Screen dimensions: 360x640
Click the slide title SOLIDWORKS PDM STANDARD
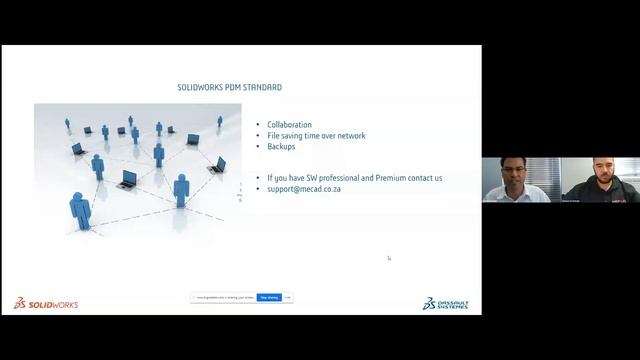229,88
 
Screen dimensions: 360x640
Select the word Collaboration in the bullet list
289,125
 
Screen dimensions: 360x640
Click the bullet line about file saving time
316,136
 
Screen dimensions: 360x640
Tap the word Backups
281,146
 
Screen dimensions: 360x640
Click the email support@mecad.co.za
304,188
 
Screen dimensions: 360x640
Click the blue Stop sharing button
269,297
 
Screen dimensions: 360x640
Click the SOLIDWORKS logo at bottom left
46,303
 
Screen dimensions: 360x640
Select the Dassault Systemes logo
445,303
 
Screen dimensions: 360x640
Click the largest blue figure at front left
80,210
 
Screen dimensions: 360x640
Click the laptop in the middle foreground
127,180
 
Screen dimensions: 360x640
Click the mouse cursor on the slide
389,258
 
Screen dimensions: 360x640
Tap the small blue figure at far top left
68,123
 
